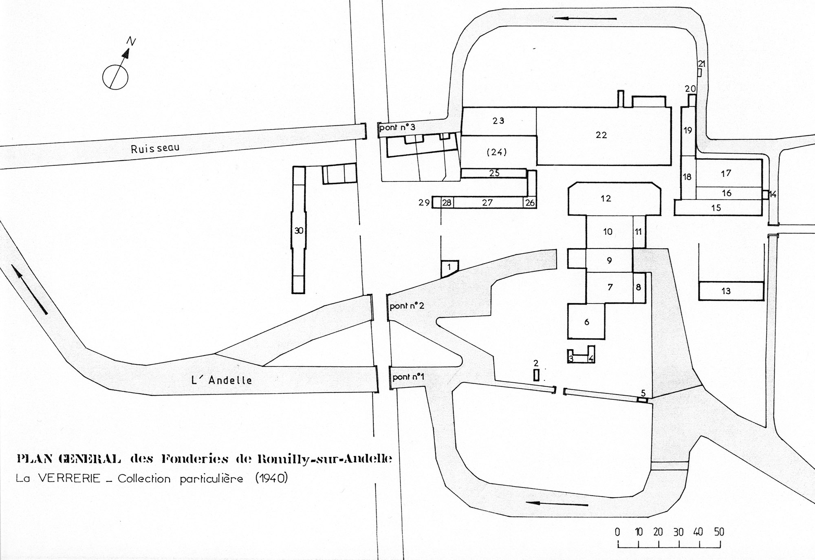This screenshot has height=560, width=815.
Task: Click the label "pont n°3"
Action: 397,128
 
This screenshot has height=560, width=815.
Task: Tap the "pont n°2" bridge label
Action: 407,306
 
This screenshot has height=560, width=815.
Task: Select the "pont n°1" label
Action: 408,377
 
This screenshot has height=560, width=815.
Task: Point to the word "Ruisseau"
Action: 155,148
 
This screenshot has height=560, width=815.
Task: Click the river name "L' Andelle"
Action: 222,380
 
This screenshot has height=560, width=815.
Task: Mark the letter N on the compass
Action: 131,41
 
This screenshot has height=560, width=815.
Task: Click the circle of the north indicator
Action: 115,76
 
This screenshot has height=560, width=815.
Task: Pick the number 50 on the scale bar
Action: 719,532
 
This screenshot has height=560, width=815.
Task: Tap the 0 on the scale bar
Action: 618,532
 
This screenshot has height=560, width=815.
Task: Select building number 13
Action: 731,291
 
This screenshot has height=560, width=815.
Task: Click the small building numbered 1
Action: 449,269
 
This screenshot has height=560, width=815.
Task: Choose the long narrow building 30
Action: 299,230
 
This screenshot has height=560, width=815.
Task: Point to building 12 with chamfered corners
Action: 615,199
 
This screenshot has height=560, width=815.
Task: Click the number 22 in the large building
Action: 601,135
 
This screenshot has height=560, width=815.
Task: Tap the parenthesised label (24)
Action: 497,152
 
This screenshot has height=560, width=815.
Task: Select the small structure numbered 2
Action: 536,375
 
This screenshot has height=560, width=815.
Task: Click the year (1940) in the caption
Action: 271,478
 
